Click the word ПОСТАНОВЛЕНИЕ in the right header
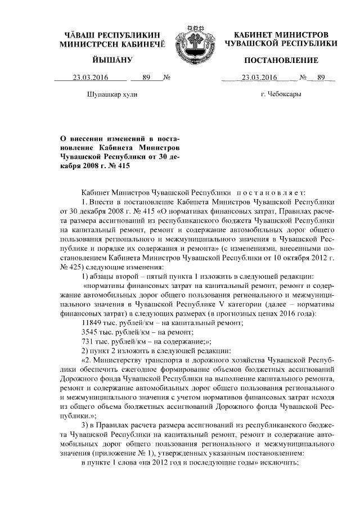tap(281, 60)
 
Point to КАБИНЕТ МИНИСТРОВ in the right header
tap(281, 35)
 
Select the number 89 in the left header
tap(147, 78)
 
